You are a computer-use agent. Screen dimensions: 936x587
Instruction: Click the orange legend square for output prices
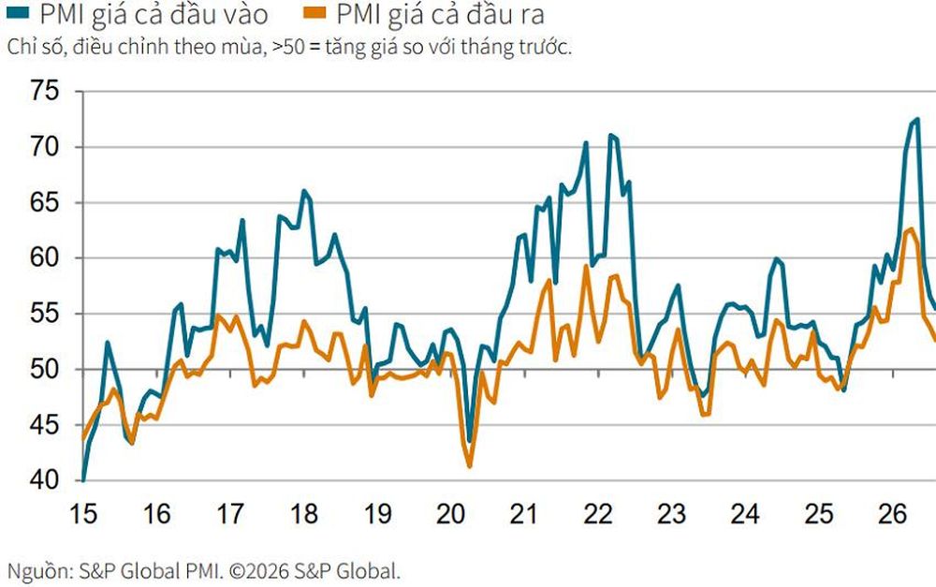tap(314, 11)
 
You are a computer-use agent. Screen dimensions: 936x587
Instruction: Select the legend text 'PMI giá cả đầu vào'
tap(154, 14)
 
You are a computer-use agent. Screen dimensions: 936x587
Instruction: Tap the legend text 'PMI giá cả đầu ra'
tap(441, 14)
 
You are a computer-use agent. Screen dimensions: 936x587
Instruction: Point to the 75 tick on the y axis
tap(45, 92)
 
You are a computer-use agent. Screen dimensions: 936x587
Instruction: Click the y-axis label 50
tap(45, 369)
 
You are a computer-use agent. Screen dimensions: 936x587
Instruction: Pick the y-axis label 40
tap(45, 480)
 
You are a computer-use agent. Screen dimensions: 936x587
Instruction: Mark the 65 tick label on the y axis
tap(45, 202)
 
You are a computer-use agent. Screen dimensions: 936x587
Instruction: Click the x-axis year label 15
tap(83, 514)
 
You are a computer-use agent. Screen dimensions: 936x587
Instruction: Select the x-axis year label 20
tap(451, 514)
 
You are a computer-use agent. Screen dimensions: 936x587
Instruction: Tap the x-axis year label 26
tap(892, 514)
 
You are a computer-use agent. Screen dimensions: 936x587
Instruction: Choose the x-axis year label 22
tap(597, 514)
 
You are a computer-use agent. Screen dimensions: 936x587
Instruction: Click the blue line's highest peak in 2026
tap(917, 119)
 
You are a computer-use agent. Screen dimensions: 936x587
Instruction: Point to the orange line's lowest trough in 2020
tap(469, 466)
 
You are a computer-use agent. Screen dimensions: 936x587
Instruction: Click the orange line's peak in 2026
tap(911, 228)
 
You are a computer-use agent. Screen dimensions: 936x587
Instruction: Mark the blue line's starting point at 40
tap(83, 479)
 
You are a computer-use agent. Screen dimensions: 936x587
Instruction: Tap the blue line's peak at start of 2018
tap(304, 191)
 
